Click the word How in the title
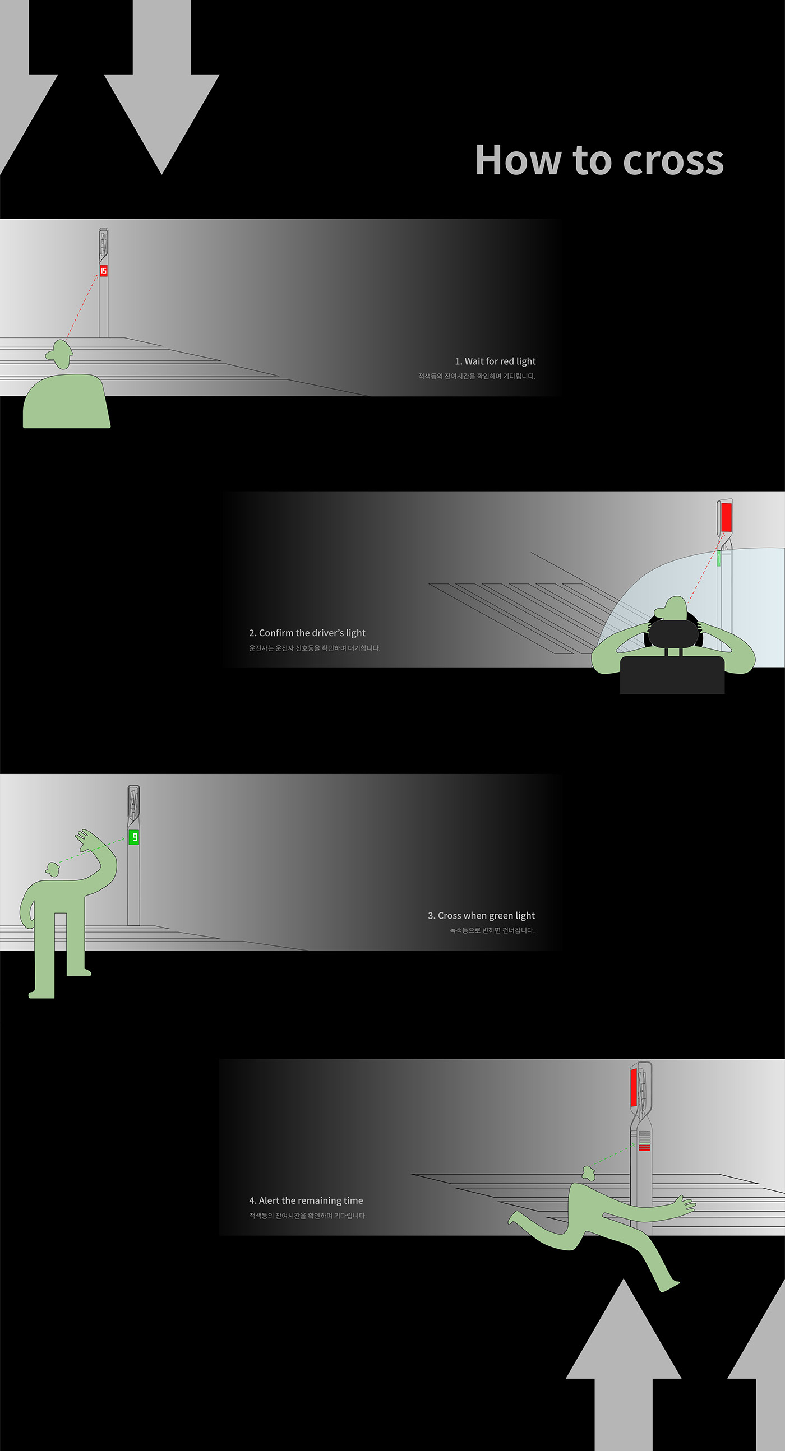(518, 160)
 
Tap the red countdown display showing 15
(104, 271)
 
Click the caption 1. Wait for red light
(495, 361)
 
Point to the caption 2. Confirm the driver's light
(307, 633)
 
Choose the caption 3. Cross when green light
(481, 915)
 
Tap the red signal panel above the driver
(726, 517)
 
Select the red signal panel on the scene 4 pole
(634, 1087)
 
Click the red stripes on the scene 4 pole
(645, 1147)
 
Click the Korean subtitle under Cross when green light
(492, 930)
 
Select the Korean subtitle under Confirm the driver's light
(315, 648)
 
